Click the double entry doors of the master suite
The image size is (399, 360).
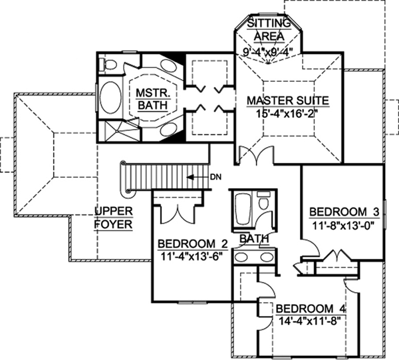tap(256, 155)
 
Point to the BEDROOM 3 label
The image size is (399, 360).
tap(344, 212)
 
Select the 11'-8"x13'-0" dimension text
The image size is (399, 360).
tap(344, 225)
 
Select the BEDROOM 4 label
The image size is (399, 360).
tap(310, 309)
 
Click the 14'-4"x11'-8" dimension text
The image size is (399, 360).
tap(310, 321)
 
